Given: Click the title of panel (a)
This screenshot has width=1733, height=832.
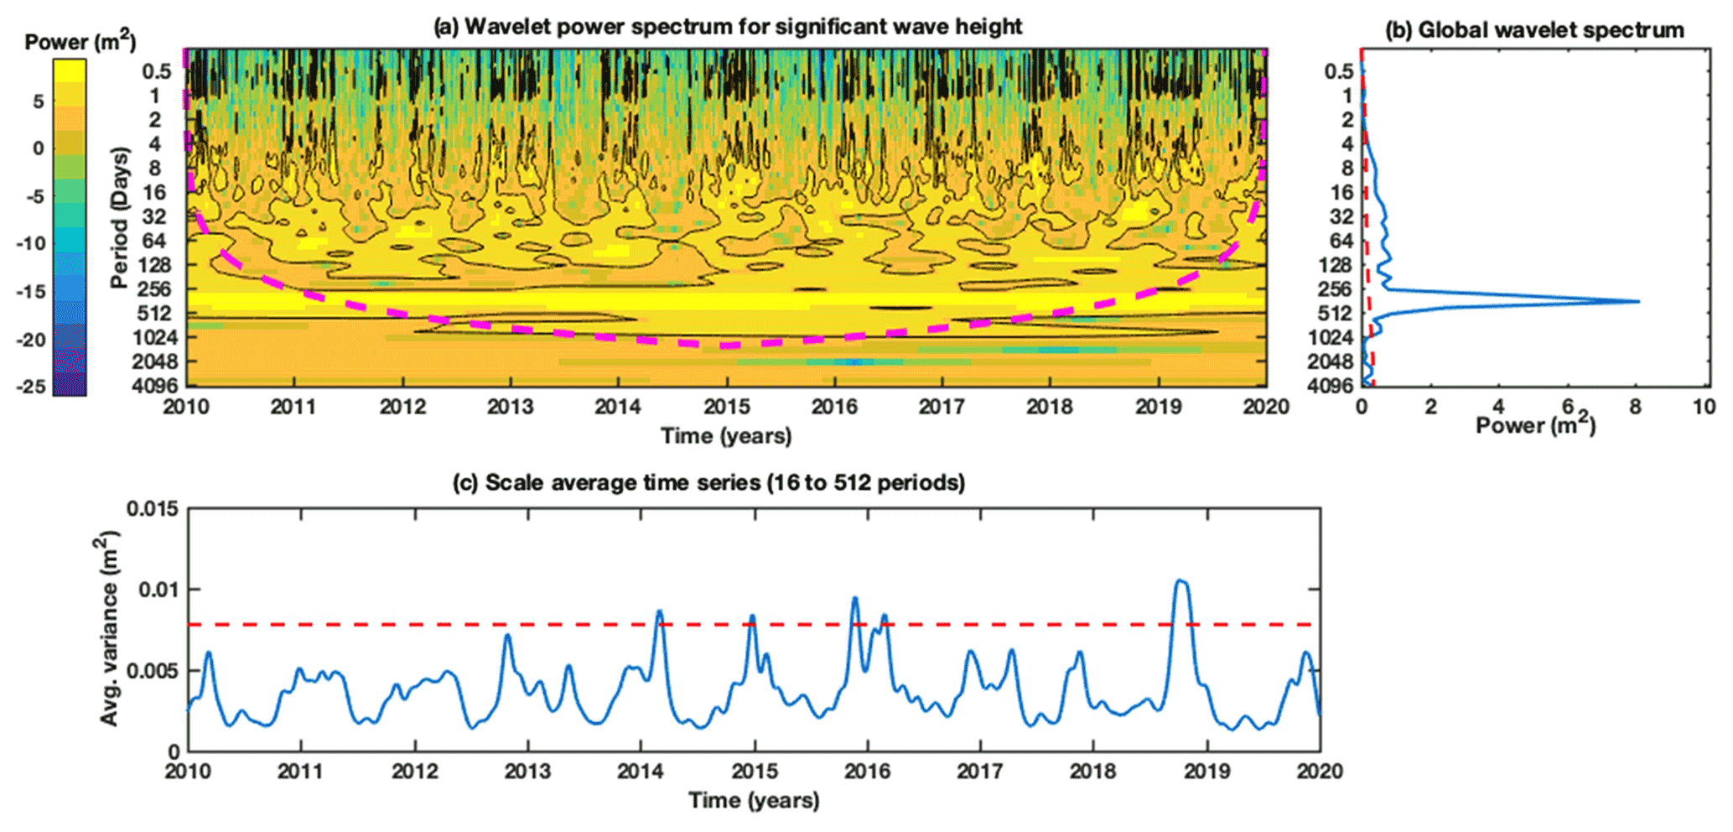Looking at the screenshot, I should click(x=727, y=27).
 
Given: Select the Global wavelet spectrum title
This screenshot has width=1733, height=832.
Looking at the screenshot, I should click(x=1534, y=30).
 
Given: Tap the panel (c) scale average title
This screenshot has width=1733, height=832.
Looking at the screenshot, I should click(x=708, y=483).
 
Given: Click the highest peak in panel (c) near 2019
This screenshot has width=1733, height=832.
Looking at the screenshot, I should click(x=1180, y=580).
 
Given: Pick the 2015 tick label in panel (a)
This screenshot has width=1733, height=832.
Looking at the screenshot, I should click(x=726, y=408).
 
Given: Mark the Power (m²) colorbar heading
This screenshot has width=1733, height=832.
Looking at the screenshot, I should click(x=80, y=42).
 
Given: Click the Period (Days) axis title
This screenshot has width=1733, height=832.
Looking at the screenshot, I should click(x=121, y=217).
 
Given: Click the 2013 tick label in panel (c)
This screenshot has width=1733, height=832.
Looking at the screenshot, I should click(x=527, y=772).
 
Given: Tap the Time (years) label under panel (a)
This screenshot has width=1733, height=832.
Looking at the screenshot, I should click(x=726, y=436).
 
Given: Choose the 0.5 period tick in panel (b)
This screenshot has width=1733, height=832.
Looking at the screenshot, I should click(x=1338, y=72).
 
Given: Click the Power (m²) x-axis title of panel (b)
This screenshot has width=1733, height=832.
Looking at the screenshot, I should click(x=1535, y=426).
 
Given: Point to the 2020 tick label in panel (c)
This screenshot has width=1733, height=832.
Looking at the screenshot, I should click(x=1320, y=772).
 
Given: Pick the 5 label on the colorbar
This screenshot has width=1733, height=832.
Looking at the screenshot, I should click(x=38, y=101).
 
